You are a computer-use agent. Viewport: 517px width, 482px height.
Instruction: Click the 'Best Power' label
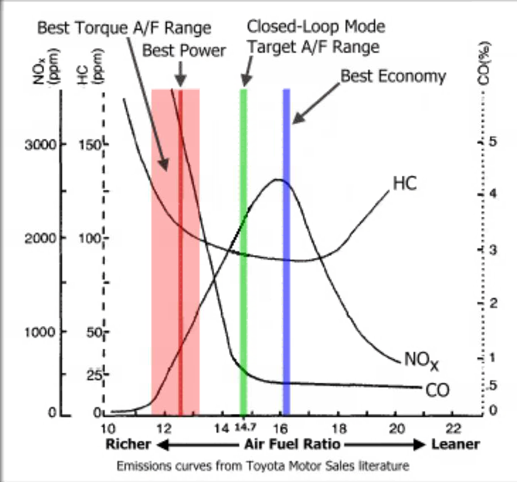184,50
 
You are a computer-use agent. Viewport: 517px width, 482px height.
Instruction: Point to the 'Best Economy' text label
393,75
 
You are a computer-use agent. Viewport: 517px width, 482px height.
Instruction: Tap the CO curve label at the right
437,390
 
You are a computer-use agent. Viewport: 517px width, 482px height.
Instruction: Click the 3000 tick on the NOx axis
40,144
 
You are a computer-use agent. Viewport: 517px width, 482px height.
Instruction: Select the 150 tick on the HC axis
90,144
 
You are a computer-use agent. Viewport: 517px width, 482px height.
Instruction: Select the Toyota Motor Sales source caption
262,466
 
